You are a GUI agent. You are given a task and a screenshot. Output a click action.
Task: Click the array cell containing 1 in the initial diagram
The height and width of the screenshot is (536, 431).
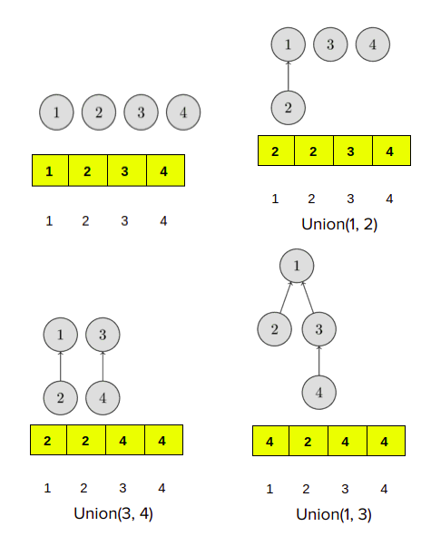[x=50, y=171]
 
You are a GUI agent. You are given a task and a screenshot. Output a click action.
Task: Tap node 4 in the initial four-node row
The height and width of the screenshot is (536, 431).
[x=183, y=112]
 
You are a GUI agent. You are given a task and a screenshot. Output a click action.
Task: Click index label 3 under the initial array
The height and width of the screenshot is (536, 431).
[x=124, y=220]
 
